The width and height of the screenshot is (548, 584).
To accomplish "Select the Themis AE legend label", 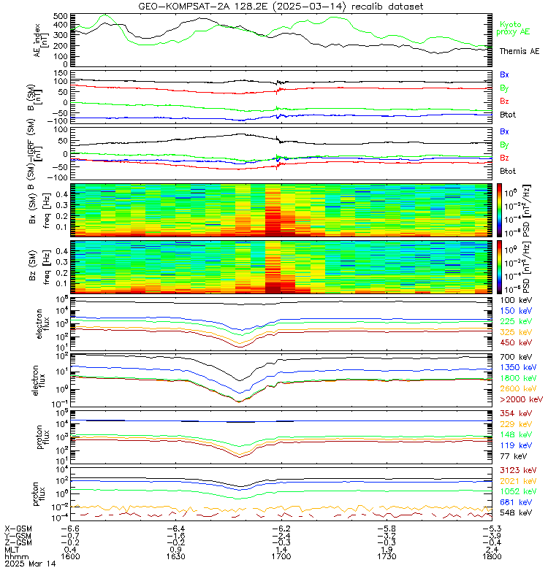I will tap(519, 51).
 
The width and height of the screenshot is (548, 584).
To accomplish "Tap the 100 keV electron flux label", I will tap(514, 301).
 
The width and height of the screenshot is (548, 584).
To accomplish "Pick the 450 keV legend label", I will tap(514, 342).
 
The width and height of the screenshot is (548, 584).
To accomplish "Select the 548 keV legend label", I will tap(514, 515).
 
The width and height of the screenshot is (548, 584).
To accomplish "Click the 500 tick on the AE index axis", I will tap(61, 15).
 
